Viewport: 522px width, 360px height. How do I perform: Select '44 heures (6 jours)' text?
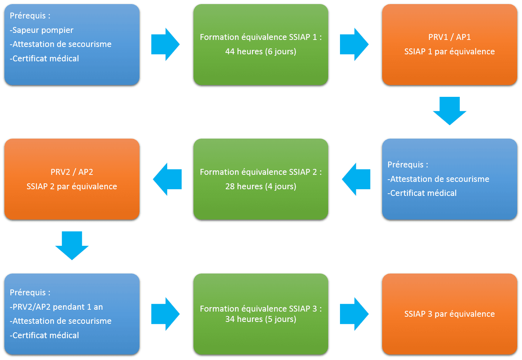[x=260, y=51]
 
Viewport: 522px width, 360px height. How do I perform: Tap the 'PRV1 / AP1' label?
[x=449, y=37]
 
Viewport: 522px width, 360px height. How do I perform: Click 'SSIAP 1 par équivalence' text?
[x=449, y=51]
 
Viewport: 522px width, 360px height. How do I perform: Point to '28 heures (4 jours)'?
[x=260, y=186]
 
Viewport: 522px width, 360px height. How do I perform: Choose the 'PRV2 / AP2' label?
[x=72, y=172]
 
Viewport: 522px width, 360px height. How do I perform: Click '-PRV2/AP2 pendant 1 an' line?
[x=56, y=307]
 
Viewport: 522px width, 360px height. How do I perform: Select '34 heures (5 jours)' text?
[x=260, y=319]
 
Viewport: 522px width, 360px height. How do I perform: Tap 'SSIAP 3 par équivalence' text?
[x=449, y=314]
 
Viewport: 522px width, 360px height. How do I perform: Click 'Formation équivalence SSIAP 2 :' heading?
[x=260, y=172]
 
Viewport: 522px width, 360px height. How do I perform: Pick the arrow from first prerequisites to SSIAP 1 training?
[x=165, y=44]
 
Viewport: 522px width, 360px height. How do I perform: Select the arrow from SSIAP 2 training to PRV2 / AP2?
[x=167, y=179]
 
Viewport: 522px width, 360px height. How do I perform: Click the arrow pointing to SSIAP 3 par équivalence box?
[x=354, y=314]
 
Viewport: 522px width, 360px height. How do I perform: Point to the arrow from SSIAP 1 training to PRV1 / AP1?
[x=354, y=44]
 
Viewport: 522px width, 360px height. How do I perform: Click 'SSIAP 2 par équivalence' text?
[x=72, y=186]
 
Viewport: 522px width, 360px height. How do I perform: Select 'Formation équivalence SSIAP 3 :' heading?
[x=260, y=309]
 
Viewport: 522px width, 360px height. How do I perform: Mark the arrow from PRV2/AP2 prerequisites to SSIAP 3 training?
[x=165, y=314]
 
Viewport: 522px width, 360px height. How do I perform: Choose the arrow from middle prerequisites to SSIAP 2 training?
[x=356, y=179]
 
